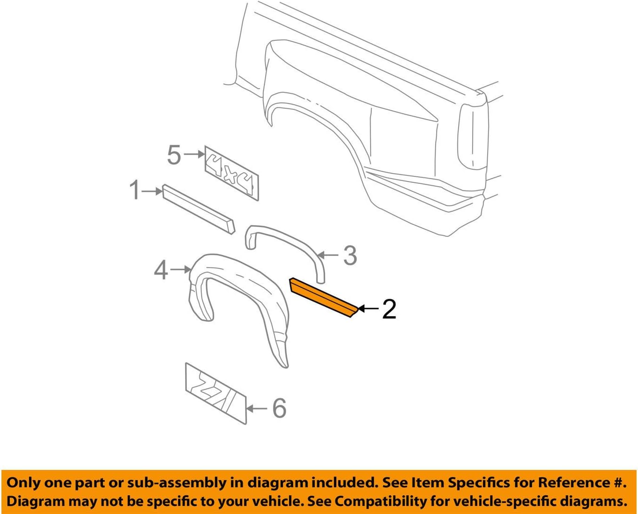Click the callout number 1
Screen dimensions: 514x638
click(x=134, y=191)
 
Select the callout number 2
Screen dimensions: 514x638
click(x=389, y=309)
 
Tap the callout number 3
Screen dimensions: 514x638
click(x=350, y=256)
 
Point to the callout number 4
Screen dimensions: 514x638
click(x=161, y=270)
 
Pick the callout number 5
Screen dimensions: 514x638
click(x=174, y=155)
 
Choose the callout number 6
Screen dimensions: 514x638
click(x=279, y=408)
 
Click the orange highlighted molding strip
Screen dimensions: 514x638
click(x=323, y=297)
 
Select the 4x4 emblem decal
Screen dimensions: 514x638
click(x=232, y=174)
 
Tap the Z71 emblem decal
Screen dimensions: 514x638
click(x=216, y=393)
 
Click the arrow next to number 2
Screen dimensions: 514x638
click(x=368, y=309)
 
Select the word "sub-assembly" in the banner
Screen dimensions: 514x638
click(x=186, y=483)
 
